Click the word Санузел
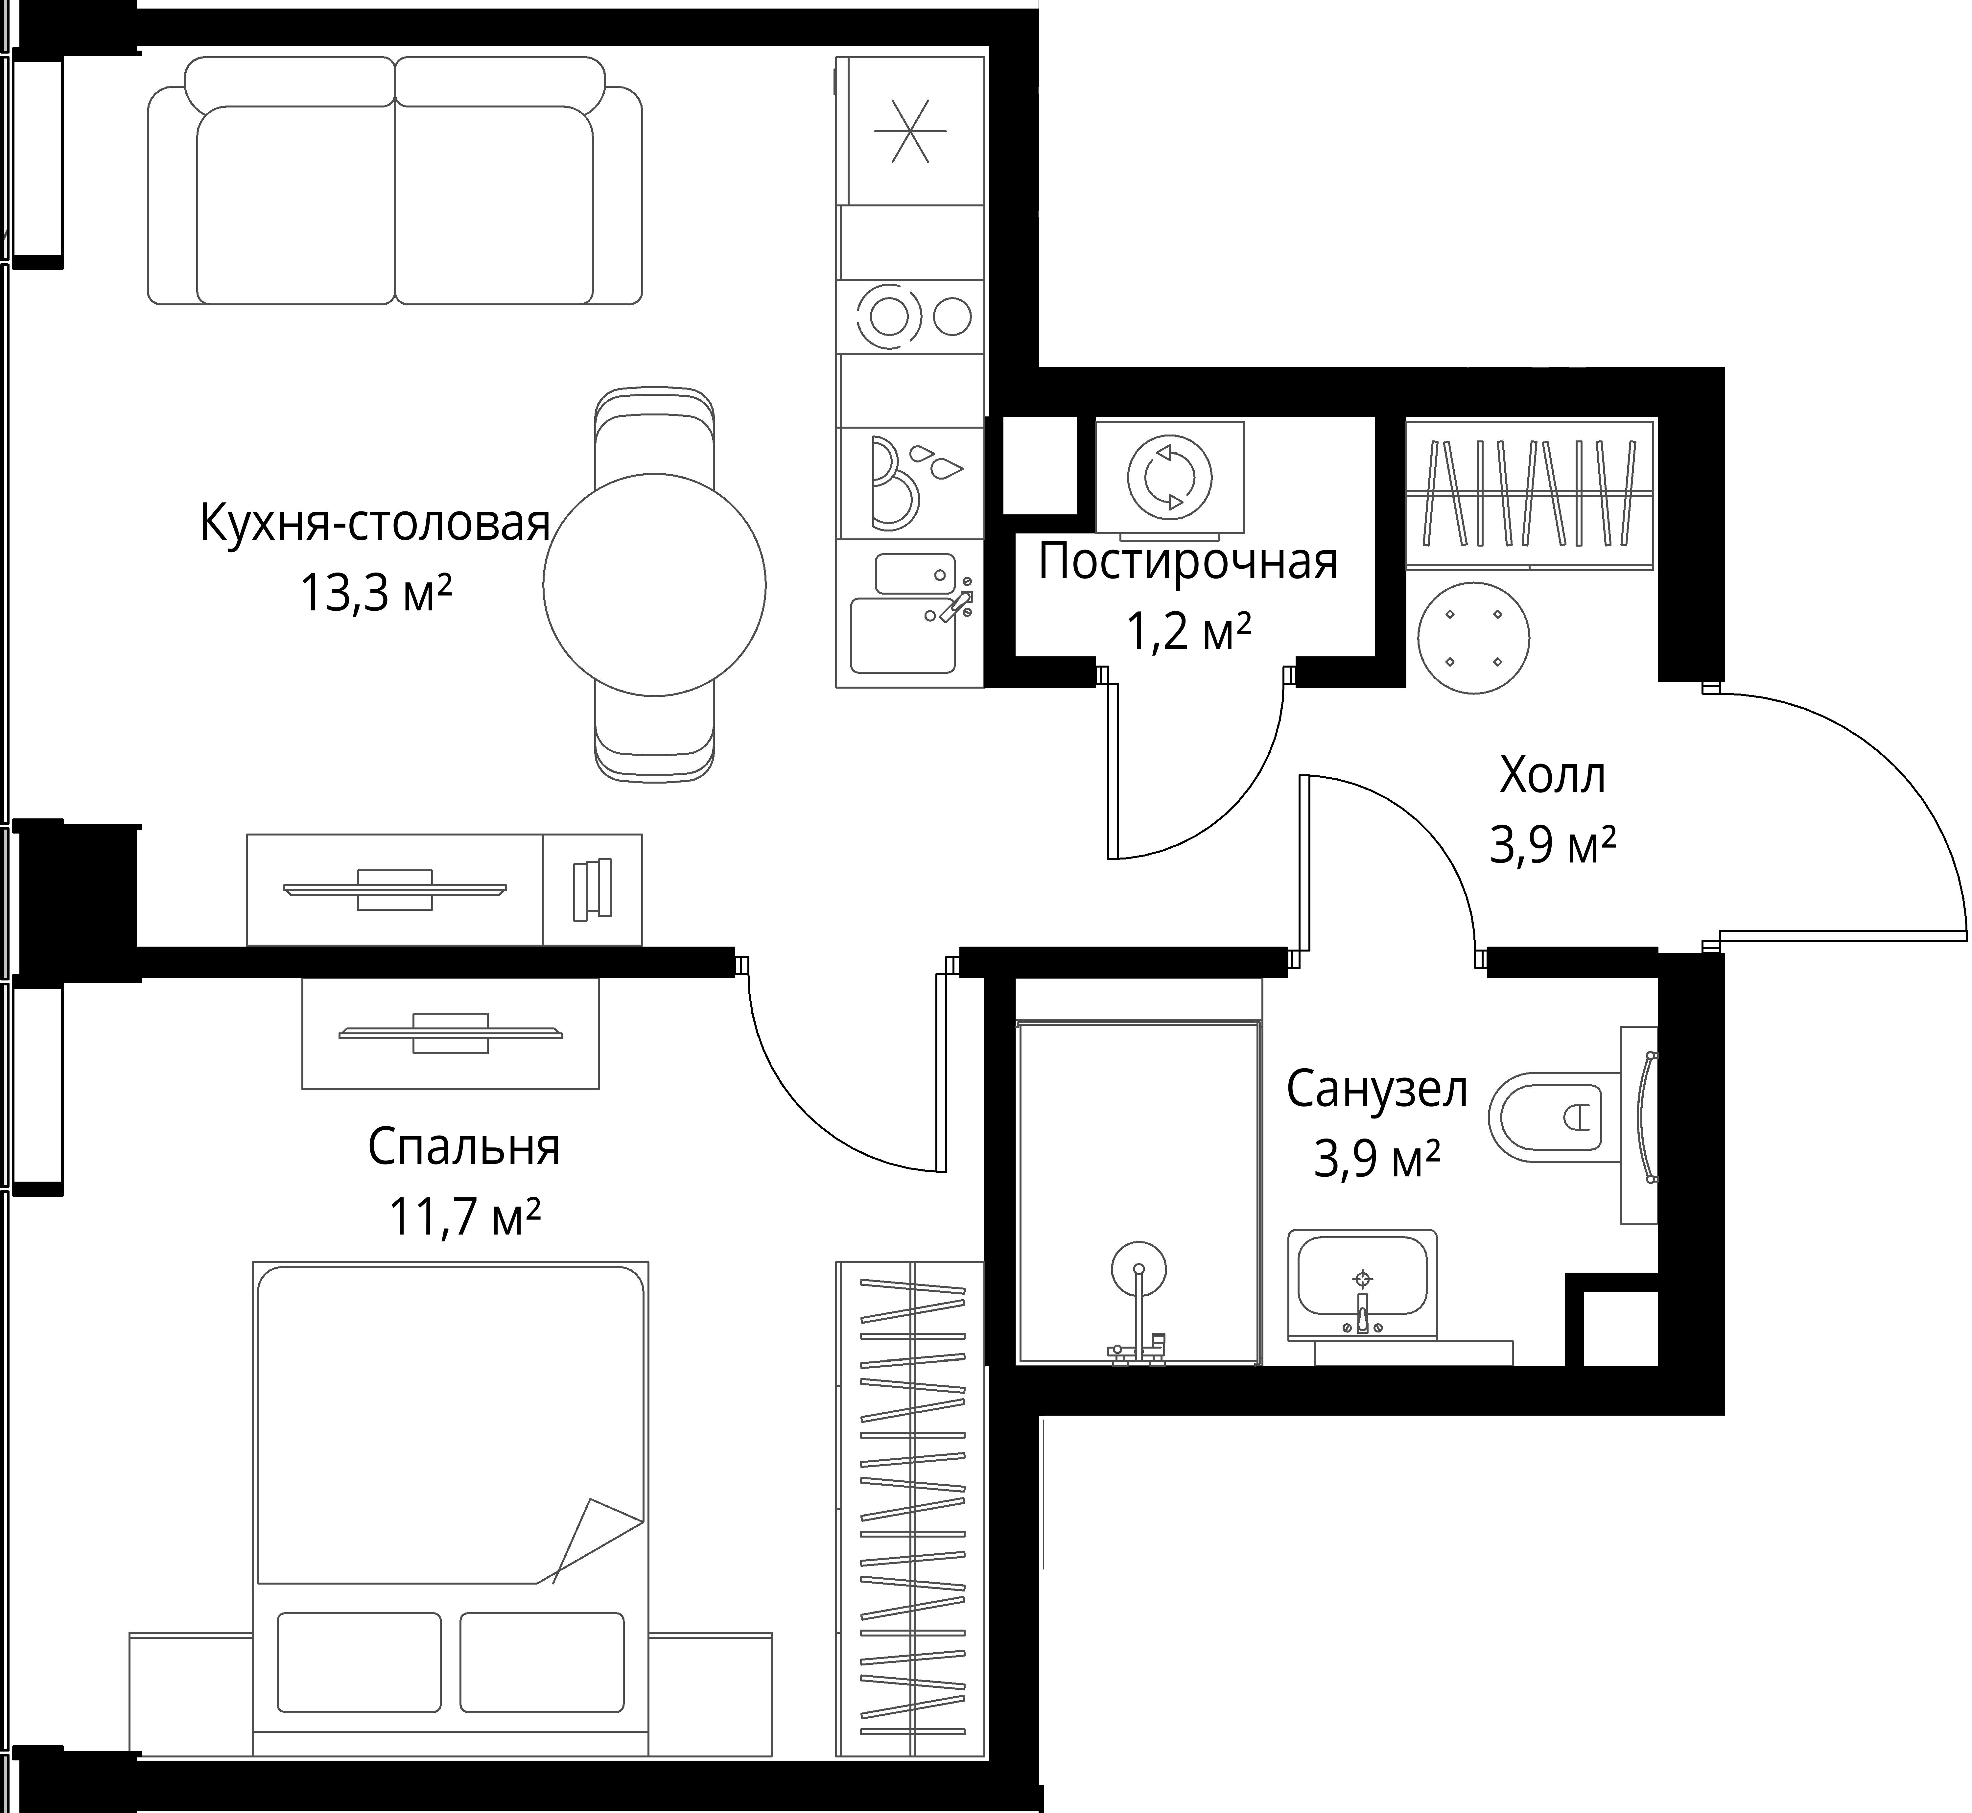click(x=1377, y=1090)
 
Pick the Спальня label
click(x=464, y=1148)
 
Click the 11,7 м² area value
click(x=465, y=1217)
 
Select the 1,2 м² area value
click(x=1188, y=633)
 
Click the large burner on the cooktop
click(x=889, y=316)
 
